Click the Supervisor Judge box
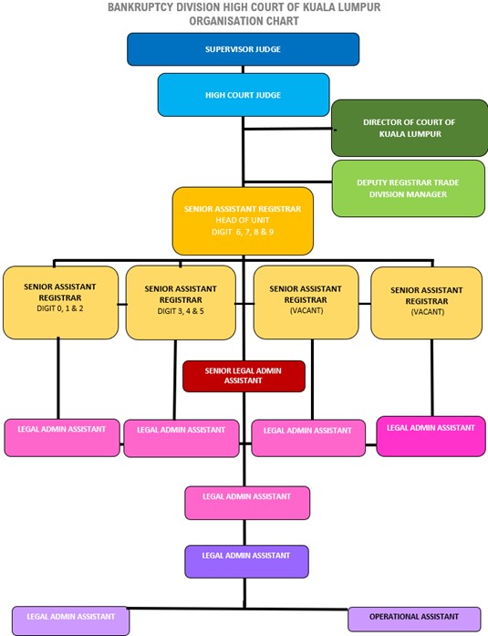(x=244, y=49)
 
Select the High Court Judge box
(x=244, y=95)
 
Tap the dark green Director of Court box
(x=410, y=128)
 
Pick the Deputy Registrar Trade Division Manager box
(x=408, y=189)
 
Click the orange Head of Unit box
(x=243, y=221)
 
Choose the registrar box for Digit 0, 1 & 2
(x=60, y=302)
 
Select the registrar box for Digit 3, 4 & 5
(x=181, y=303)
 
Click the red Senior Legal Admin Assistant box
(x=244, y=376)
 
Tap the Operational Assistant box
(x=414, y=619)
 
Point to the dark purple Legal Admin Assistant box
(x=246, y=562)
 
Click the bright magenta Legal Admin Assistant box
(x=431, y=436)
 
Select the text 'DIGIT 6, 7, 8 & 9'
(x=243, y=232)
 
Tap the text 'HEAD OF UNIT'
(x=243, y=220)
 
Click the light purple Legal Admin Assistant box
(x=70, y=620)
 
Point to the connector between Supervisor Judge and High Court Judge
(x=244, y=69)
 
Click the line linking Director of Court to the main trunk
(x=288, y=129)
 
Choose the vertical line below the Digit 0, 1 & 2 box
(x=58, y=379)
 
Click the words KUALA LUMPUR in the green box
(x=410, y=134)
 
